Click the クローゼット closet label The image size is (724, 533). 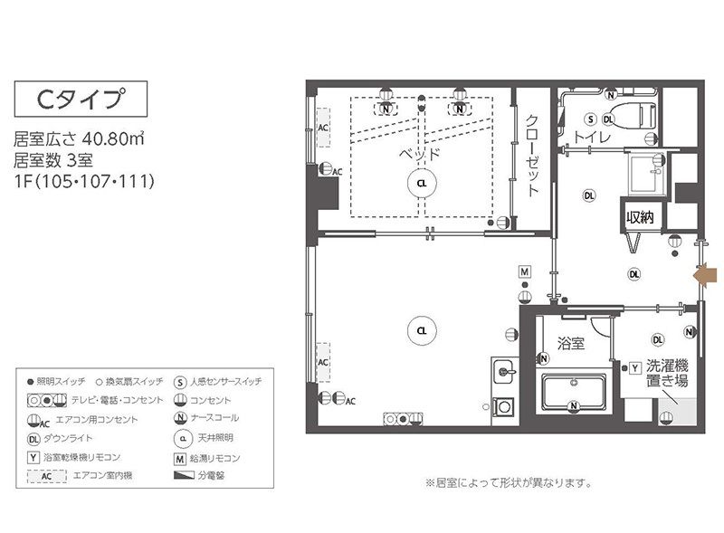point(533,157)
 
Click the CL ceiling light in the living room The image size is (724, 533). point(421,330)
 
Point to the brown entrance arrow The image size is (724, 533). point(704,275)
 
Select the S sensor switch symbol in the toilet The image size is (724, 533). point(590,119)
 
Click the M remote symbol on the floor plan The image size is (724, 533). point(524,271)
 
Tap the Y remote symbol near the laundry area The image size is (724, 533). point(635,367)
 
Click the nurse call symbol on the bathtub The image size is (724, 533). point(574,406)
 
